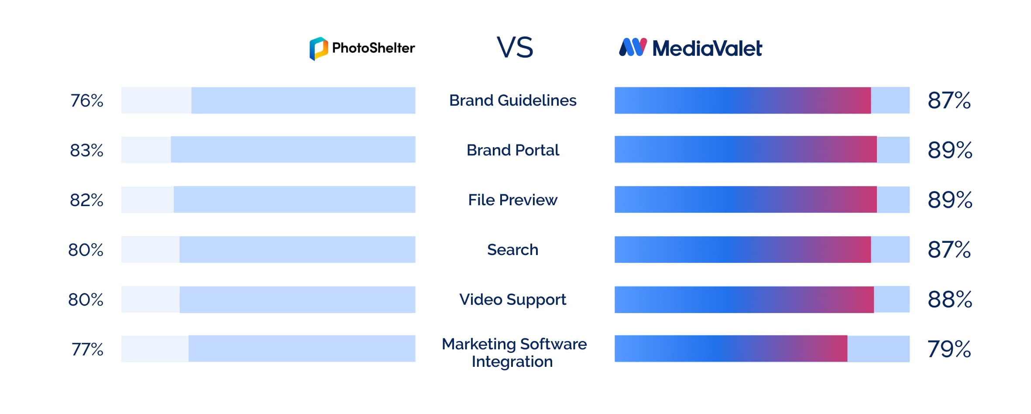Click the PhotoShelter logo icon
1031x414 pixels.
[x=319, y=48]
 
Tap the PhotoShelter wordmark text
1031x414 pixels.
[x=373, y=48]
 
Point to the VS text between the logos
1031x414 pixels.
[x=515, y=48]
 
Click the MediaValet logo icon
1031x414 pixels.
[x=633, y=47]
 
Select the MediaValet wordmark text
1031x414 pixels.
[x=707, y=48]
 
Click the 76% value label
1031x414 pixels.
[x=87, y=101]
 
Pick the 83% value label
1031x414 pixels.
[x=86, y=151]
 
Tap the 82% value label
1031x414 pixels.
[x=86, y=200]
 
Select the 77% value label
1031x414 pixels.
[x=87, y=349]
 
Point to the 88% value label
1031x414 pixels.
[x=950, y=300]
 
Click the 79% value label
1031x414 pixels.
[x=949, y=349]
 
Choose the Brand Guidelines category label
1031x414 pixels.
[x=513, y=100]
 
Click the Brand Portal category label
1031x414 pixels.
[x=513, y=150]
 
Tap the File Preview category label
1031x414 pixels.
[x=513, y=200]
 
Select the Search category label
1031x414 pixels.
[x=513, y=250]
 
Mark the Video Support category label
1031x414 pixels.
[x=513, y=300]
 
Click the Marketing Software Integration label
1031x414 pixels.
[x=514, y=353]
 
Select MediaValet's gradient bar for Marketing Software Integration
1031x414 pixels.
[x=731, y=348]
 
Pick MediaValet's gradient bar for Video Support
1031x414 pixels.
[x=744, y=300]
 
